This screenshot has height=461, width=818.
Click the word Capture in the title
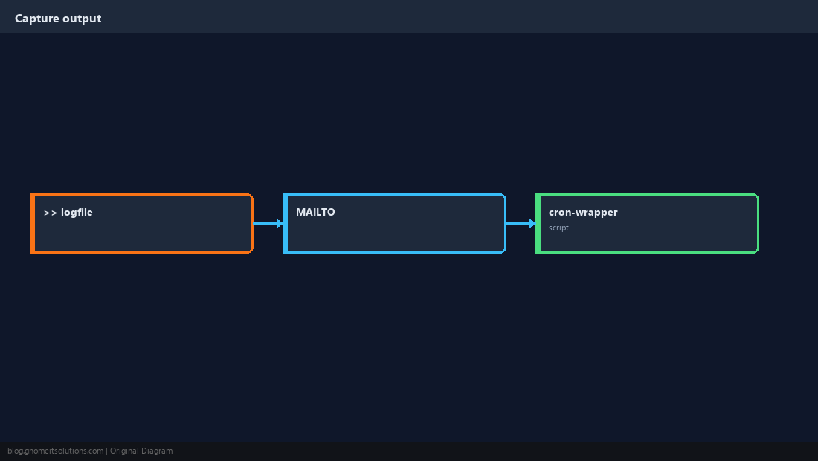(x=37, y=19)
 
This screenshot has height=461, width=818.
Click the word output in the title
(x=82, y=19)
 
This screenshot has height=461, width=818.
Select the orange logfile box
(x=141, y=223)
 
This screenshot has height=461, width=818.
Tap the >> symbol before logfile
(x=51, y=213)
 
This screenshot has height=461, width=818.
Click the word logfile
(x=77, y=212)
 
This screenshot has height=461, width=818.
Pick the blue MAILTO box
(x=394, y=223)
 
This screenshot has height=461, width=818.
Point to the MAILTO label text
(x=315, y=212)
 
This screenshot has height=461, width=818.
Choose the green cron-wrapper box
(x=647, y=223)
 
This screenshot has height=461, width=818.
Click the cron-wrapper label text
(x=583, y=212)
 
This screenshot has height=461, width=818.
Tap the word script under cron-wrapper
(x=558, y=228)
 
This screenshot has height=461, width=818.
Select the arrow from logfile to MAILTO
(x=268, y=223)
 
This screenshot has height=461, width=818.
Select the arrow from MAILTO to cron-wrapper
(x=521, y=223)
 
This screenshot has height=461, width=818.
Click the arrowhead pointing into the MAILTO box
(x=280, y=223)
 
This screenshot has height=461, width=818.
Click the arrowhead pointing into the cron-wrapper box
(x=532, y=223)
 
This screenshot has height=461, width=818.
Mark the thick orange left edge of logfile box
(x=32, y=223)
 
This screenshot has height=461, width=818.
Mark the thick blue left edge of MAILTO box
(x=286, y=223)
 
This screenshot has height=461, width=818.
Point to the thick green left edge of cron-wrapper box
(x=538, y=223)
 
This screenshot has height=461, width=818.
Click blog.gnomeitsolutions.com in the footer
(x=55, y=451)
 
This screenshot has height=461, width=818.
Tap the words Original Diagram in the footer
(x=141, y=451)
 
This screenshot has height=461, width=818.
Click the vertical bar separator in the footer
(x=107, y=451)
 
